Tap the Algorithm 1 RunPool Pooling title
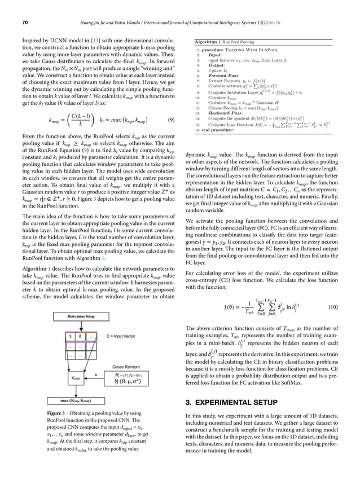pos(224,42)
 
